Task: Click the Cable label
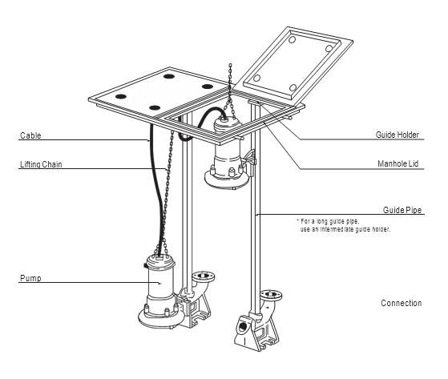pos(30,135)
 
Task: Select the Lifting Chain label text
pos(41,164)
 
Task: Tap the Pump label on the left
pos(30,278)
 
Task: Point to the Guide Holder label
pos(398,135)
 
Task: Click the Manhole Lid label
pos(398,163)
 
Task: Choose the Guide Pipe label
pos(402,210)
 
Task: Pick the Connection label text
pos(402,303)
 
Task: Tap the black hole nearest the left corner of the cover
pos(121,96)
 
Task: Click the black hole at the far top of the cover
pos(169,76)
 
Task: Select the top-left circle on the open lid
pos(292,39)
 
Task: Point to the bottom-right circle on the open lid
pos(293,87)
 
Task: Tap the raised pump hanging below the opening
pos(227,153)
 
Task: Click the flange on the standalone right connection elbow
pos(271,295)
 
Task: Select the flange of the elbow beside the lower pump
pos(204,276)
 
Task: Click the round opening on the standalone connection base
pos(243,326)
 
